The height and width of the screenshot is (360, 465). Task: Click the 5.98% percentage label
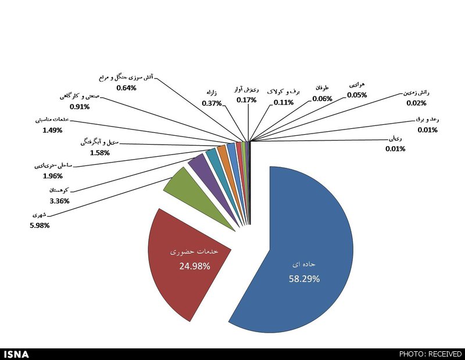(40, 225)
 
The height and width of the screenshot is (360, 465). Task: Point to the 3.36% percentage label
(60, 201)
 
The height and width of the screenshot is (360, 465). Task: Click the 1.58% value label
(100, 153)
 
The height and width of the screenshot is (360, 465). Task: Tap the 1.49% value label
(52, 130)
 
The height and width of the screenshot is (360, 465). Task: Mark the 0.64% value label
(126, 88)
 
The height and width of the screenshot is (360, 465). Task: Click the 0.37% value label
(212, 103)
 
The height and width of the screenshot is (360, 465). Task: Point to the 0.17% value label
(246, 100)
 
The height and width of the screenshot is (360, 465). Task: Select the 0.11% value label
(284, 102)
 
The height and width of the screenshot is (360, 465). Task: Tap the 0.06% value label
(322, 98)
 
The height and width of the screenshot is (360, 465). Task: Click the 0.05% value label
(357, 95)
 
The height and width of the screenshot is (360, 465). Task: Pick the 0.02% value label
(416, 103)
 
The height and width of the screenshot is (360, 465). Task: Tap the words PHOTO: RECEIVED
(430, 354)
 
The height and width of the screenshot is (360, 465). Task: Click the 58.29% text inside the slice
(305, 279)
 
